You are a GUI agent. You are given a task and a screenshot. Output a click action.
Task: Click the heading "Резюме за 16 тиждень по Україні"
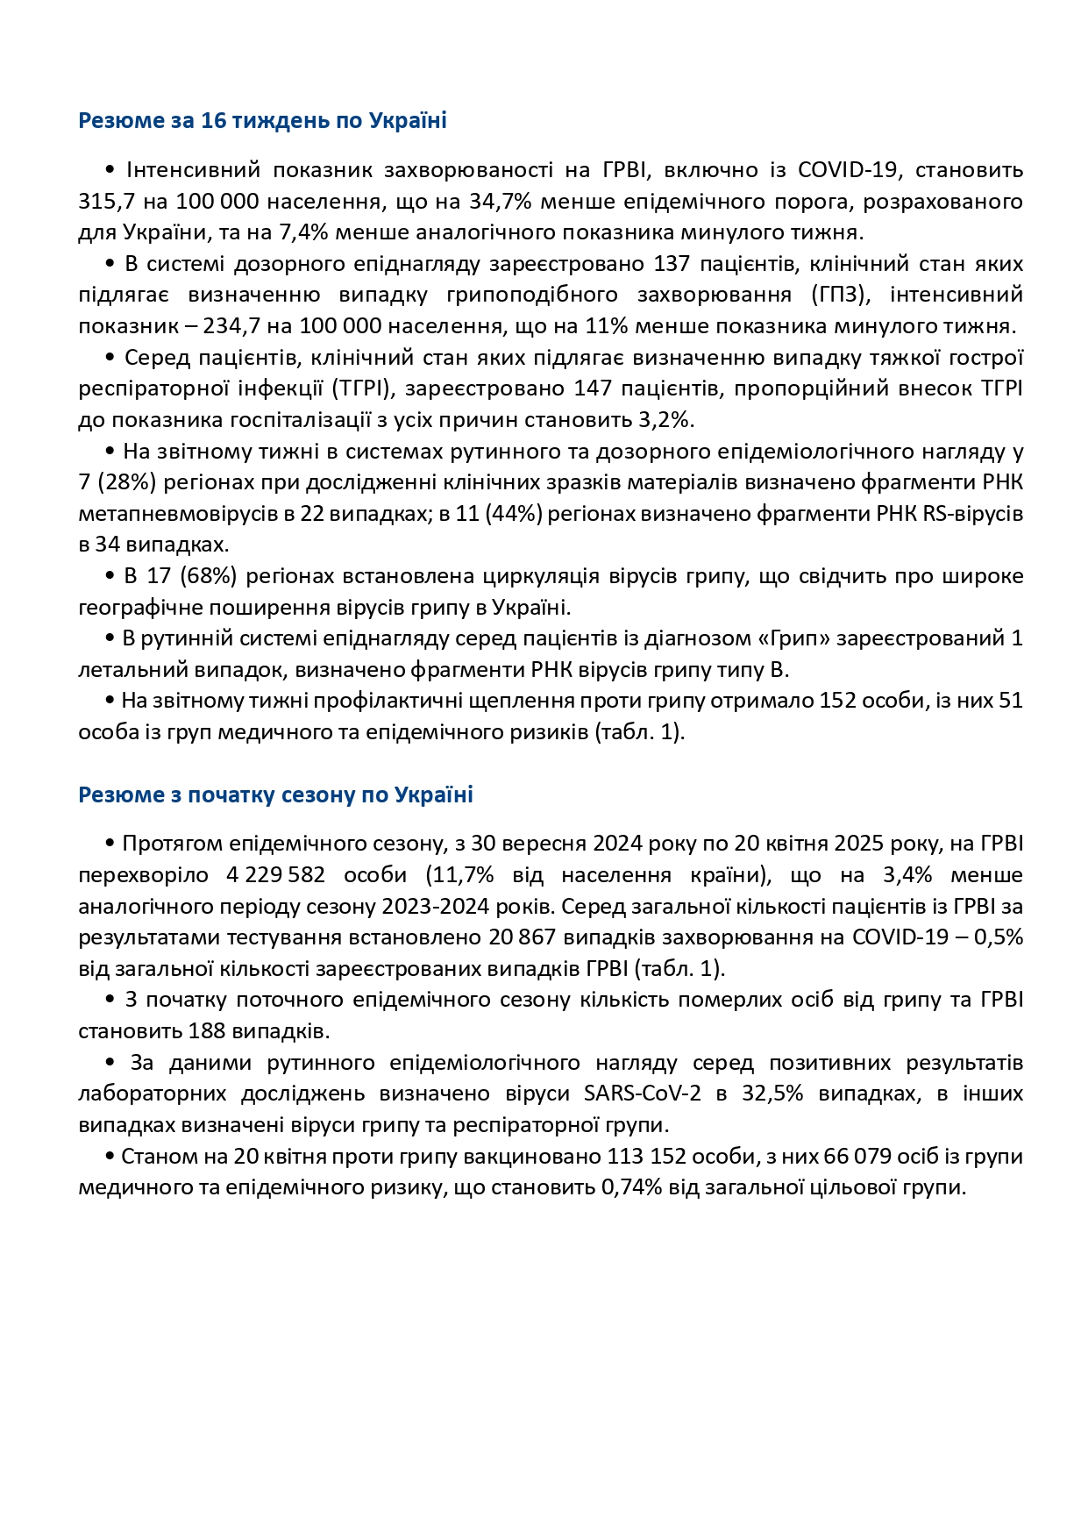262,120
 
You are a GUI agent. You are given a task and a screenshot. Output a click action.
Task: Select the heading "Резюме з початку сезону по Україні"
275,794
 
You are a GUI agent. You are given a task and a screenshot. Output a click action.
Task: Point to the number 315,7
107,202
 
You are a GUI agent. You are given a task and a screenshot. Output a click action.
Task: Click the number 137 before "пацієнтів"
672,264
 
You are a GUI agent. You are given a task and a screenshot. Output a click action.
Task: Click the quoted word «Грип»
799,638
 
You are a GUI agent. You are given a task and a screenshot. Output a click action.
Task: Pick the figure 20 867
523,937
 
